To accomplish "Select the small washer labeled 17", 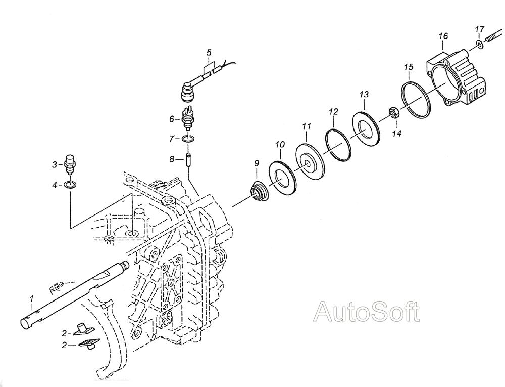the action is [479, 45].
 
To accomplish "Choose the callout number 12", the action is [334, 112].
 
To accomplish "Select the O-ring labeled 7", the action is [187, 139].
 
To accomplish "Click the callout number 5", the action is [209, 52].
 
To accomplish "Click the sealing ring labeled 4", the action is [70, 185].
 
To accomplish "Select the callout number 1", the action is [31, 299].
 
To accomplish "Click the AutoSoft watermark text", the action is [367, 311].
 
